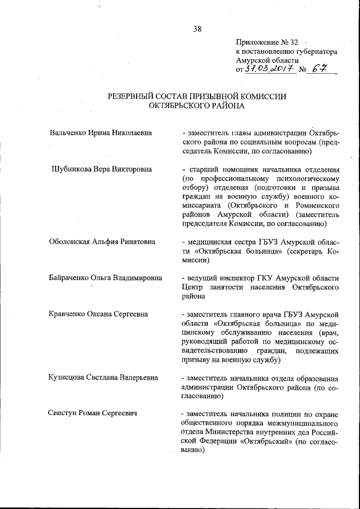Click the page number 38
197,29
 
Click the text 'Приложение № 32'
267,42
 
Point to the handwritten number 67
321,69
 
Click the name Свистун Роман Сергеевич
93,413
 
